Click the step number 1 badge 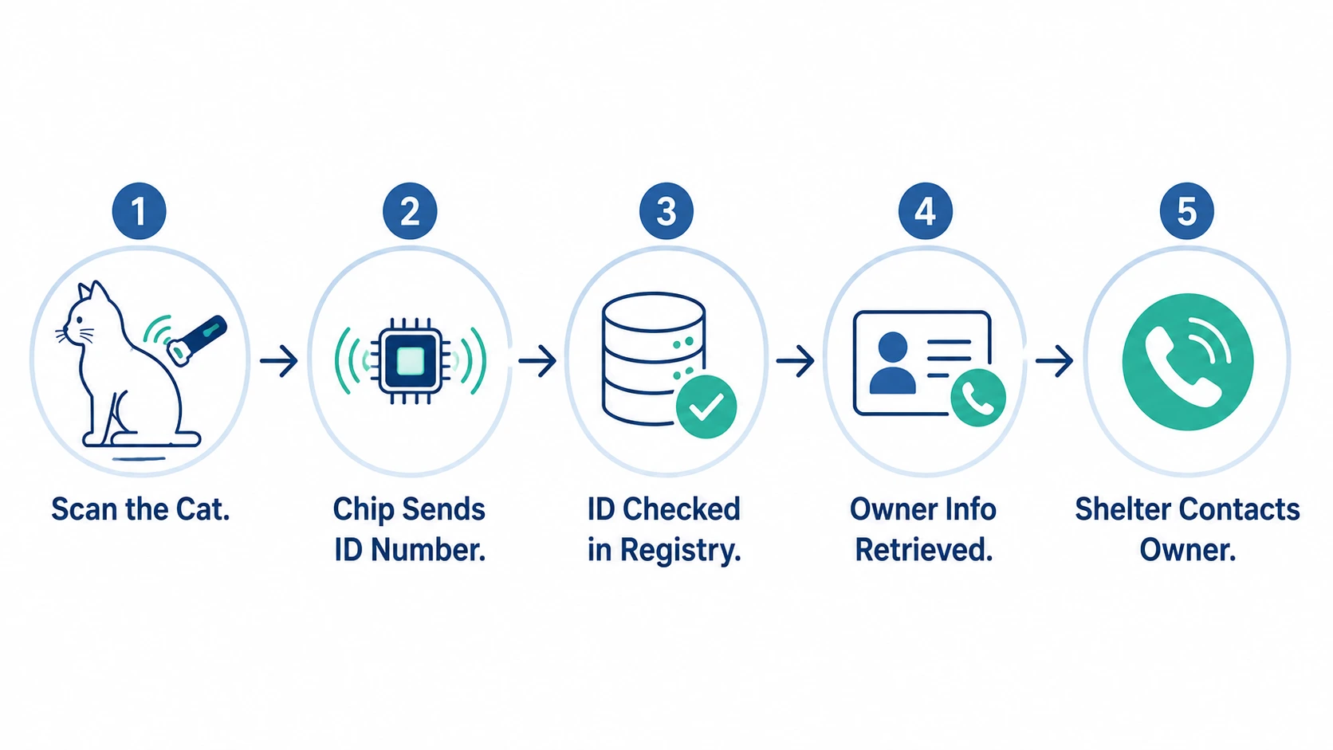tap(140, 211)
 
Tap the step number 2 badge tap(410, 211)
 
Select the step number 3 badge tap(666, 211)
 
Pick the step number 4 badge tap(926, 211)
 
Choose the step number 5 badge tap(1187, 211)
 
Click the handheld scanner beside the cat tap(197, 340)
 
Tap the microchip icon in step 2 tap(411, 361)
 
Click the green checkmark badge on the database tap(707, 406)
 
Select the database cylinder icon tap(654, 359)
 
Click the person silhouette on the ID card tap(893, 363)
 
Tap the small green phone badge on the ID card tap(978, 398)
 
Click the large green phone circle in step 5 tap(1188, 362)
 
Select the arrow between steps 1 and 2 tap(279, 360)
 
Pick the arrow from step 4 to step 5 tap(1055, 360)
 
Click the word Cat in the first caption tap(203, 510)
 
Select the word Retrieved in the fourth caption tap(924, 550)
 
